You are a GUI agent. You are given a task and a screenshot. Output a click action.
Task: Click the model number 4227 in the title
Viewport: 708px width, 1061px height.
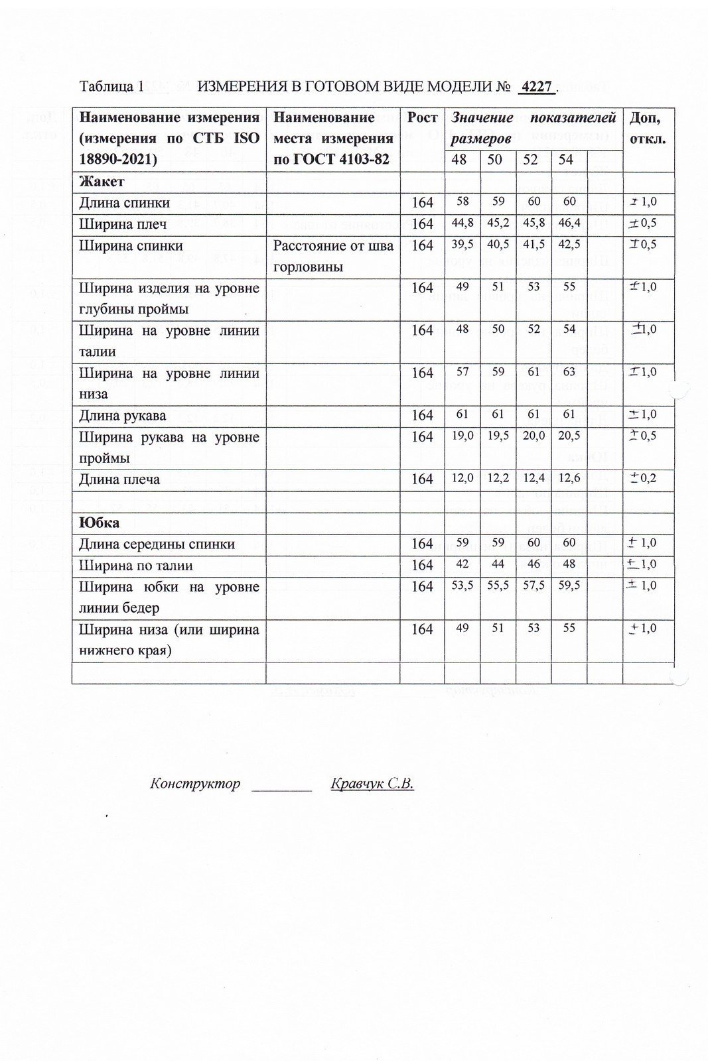tap(537, 88)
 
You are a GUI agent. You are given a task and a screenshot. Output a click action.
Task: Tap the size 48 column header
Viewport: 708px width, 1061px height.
tap(459, 160)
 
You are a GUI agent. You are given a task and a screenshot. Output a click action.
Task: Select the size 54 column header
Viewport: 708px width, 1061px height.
tap(566, 160)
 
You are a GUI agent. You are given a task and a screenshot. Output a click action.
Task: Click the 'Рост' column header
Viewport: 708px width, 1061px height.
tap(422, 118)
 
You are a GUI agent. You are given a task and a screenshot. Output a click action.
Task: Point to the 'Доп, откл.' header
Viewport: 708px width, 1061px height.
tap(647, 129)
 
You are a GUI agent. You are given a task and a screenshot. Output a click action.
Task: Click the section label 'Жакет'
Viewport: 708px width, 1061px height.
tap(102, 182)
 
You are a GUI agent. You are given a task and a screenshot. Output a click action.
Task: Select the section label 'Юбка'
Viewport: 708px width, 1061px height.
tap(100, 523)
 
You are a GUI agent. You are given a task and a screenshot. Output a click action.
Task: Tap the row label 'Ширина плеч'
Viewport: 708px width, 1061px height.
tap(123, 224)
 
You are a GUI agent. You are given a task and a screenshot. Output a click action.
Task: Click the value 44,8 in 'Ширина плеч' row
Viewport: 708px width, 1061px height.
tap(462, 223)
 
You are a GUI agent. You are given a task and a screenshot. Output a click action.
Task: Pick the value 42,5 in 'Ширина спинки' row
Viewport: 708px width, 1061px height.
tap(569, 244)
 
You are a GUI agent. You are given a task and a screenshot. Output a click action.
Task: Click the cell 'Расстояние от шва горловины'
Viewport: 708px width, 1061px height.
tap(333, 256)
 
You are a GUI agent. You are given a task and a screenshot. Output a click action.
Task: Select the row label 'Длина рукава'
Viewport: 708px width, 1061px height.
tap(123, 416)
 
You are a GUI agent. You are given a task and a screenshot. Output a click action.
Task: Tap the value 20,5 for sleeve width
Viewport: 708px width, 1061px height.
tap(569, 436)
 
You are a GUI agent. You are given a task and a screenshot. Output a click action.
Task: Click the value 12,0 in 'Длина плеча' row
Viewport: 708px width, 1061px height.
tap(462, 478)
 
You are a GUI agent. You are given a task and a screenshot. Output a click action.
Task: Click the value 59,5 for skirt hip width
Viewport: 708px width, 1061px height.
tap(569, 586)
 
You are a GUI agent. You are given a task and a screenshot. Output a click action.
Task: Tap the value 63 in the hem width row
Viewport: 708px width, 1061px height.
tap(569, 372)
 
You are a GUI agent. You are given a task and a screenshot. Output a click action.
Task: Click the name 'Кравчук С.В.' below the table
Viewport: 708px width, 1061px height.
tap(372, 784)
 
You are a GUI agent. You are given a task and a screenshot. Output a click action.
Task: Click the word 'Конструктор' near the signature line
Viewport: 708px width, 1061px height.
tap(195, 784)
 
